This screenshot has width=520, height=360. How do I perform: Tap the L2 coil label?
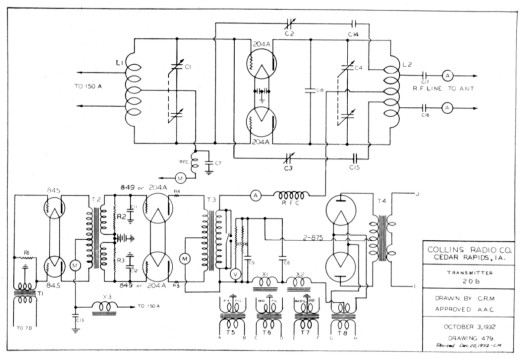point(407,64)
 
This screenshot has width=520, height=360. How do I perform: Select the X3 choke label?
point(107,297)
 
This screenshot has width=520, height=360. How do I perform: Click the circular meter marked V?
point(237,273)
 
